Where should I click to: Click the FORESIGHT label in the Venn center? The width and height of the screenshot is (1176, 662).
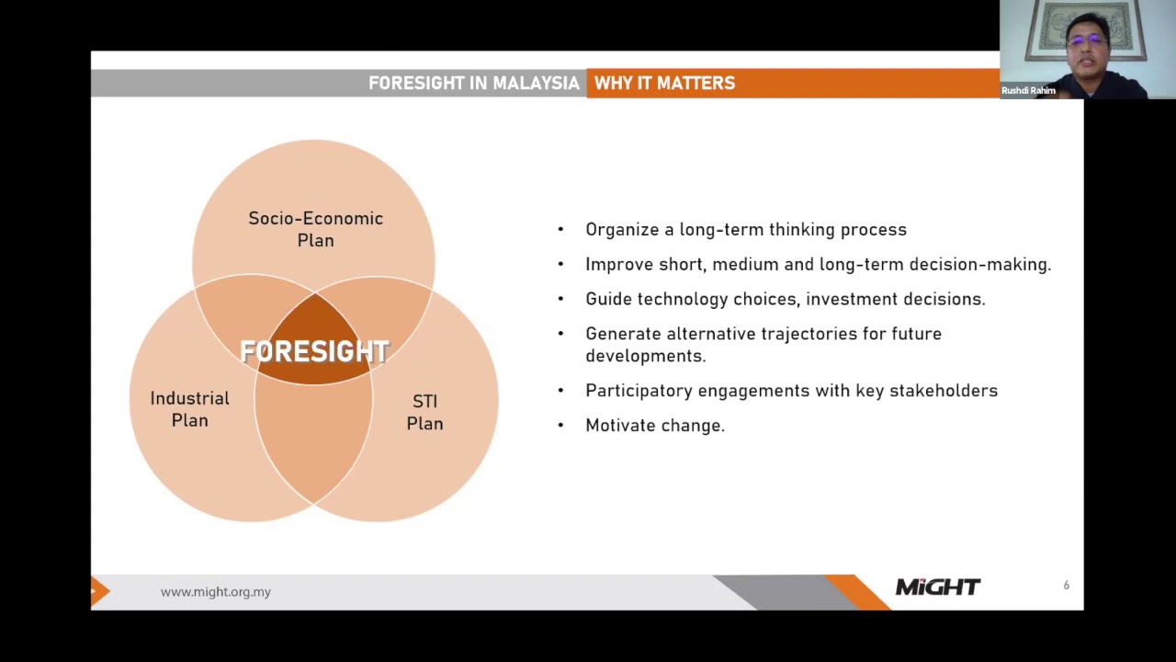(314, 351)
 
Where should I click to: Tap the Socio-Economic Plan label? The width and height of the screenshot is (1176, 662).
(315, 229)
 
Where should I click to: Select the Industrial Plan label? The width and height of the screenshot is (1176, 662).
(189, 409)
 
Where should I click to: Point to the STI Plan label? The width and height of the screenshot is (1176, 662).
(424, 412)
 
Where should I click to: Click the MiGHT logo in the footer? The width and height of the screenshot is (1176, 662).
(937, 587)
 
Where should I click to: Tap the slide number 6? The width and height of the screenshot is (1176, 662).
(1066, 586)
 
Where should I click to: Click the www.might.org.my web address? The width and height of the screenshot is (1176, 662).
(215, 592)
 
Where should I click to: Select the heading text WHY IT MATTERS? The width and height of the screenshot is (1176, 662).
(664, 84)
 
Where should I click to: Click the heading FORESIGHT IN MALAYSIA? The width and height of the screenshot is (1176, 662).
(473, 84)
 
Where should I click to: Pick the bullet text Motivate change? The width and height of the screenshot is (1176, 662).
(655, 426)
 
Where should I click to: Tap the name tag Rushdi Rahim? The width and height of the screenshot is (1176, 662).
(1028, 91)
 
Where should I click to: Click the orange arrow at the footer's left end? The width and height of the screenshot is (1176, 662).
(99, 591)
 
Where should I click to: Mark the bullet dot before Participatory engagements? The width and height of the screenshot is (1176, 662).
(560, 391)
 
